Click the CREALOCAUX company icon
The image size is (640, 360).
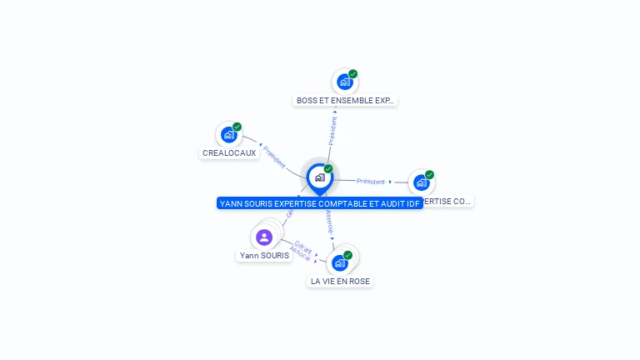pos(228,135)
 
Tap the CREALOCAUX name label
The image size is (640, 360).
pos(229,153)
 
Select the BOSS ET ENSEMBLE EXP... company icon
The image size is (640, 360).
pos(344,82)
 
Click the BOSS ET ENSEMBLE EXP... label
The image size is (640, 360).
pos(345,101)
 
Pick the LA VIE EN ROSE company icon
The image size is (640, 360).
pos(339,263)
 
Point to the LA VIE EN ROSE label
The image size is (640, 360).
pos(340,282)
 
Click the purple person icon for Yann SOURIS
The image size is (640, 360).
pos(264,237)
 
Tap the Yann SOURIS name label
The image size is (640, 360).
pos(264,256)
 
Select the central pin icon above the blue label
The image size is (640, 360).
pos(319,177)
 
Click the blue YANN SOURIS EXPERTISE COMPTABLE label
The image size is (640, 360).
pos(320,203)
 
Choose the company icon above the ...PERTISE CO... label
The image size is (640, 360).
pos(421,182)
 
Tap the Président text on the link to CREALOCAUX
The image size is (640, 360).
pos(274,157)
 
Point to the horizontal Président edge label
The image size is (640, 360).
pos(371,181)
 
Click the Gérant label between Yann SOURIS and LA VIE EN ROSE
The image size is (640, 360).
pos(303,247)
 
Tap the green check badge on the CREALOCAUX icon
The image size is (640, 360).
pos(237,127)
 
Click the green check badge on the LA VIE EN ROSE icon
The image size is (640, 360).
pos(347,255)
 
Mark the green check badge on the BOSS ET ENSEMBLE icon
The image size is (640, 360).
pos(353,73)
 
